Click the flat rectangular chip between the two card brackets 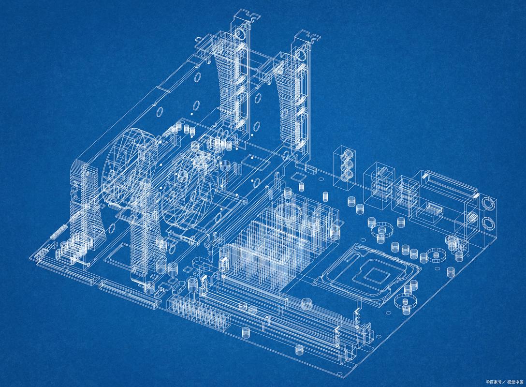coord(251,158)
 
